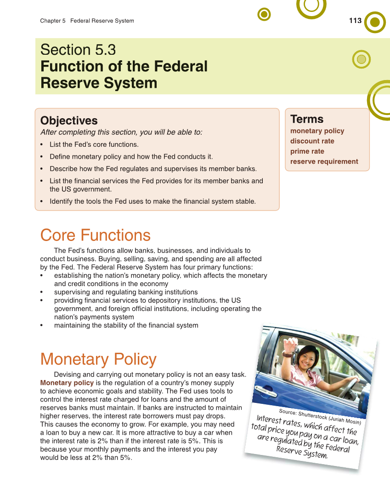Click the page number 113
click(355, 21)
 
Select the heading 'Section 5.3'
click(78, 50)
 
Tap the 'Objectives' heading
click(69, 121)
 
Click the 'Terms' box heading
click(307, 119)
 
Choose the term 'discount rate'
click(312, 141)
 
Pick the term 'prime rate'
click(307, 151)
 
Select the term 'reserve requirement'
click(324, 161)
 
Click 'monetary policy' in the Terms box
click(317, 131)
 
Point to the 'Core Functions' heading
click(95, 235)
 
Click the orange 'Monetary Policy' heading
click(98, 359)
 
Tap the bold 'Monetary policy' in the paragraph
click(67, 383)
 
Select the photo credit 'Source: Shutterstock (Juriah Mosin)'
click(320, 416)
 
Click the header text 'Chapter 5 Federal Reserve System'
click(87, 21)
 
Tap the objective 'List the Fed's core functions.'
click(94, 145)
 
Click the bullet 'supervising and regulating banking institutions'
click(126, 292)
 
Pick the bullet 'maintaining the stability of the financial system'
click(126, 325)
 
